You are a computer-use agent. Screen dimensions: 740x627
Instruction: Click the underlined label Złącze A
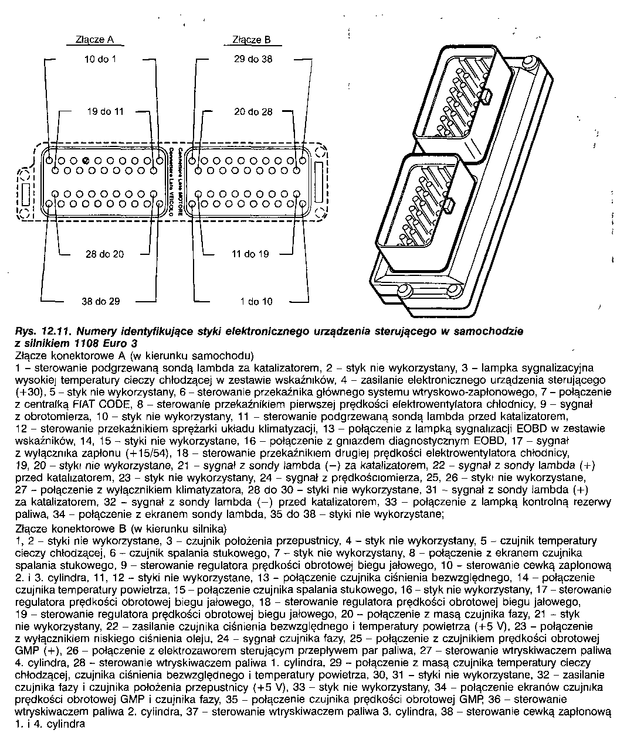click(x=94, y=40)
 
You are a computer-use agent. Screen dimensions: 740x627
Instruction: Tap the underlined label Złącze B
click(x=251, y=40)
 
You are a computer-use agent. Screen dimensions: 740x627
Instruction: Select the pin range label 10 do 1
click(x=101, y=59)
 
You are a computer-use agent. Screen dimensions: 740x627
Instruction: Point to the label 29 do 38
click(x=253, y=59)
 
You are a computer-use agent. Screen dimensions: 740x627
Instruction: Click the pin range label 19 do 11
click(x=106, y=111)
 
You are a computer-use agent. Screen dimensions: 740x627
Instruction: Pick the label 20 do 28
click(x=253, y=111)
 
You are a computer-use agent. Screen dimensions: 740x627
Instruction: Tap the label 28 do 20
click(x=105, y=254)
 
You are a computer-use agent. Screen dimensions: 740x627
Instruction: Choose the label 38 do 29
click(x=101, y=301)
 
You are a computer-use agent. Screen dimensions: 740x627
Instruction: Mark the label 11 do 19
click(x=250, y=254)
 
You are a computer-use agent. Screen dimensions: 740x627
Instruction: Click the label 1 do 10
click(x=256, y=301)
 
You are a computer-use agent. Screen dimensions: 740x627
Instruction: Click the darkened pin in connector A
click(x=86, y=161)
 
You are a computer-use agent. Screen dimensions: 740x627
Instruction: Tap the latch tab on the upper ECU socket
click(x=486, y=94)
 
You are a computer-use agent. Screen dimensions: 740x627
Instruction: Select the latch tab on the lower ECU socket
click(x=450, y=206)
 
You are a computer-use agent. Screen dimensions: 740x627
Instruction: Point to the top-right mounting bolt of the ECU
click(x=528, y=62)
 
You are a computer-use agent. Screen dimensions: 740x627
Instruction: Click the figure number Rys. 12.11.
click(x=39, y=331)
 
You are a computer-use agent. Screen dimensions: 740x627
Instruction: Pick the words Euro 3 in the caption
click(x=122, y=343)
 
